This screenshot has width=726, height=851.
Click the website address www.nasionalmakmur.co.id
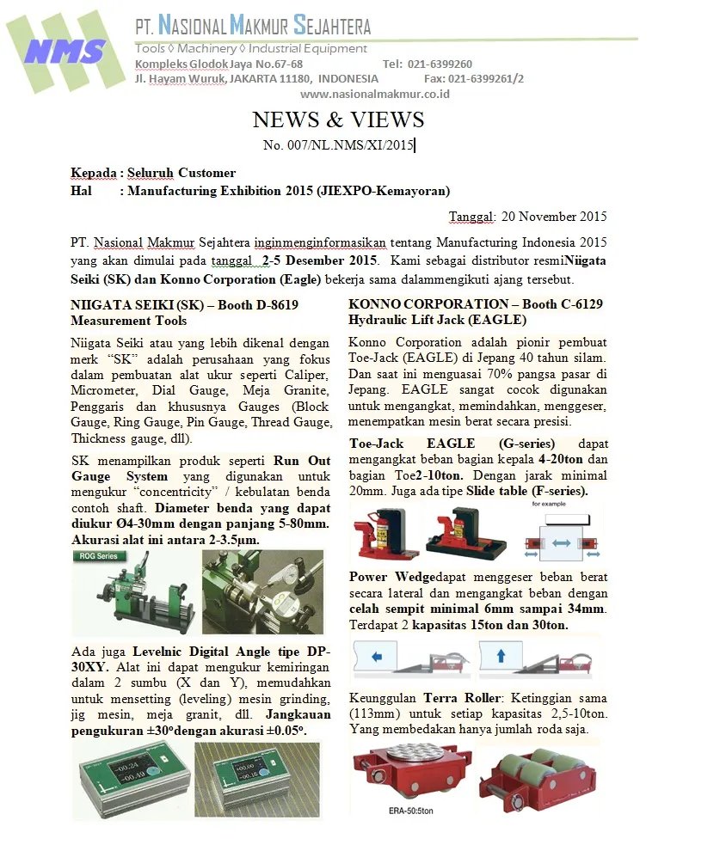(x=374, y=94)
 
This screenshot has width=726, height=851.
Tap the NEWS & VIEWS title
(x=338, y=119)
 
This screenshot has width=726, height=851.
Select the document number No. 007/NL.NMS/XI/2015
(x=338, y=145)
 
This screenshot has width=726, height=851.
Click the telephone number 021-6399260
(x=440, y=64)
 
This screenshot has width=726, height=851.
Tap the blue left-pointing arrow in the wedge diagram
(x=377, y=655)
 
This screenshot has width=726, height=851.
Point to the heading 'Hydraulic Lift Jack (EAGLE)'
(x=437, y=320)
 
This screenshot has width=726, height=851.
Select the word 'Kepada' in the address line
(x=93, y=174)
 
